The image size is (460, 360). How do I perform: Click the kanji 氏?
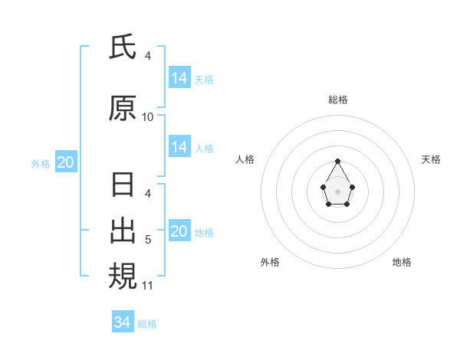click(123, 48)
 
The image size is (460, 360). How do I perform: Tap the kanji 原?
click(123, 110)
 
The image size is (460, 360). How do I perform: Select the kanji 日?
click(123, 186)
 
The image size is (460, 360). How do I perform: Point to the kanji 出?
click(123, 230)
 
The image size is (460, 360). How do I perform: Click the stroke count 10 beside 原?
click(148, 117)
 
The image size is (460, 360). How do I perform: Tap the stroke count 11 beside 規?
click(148, 286)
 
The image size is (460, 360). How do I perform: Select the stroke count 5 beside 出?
click(148, 240)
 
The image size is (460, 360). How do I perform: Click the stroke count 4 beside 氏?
click(148, 56)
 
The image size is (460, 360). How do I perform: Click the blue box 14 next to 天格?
click(179, 78)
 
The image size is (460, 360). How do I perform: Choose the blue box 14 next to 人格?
click(179, 148)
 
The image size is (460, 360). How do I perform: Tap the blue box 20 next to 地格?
click(179, 232)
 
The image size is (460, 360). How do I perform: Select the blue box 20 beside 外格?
click(66, 162)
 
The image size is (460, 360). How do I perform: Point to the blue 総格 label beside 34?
click(147, 324)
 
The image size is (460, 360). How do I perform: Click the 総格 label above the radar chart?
click(338, 100)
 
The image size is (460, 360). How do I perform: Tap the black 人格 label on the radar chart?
click(245, 159)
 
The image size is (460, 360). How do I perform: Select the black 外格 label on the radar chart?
click(270, 262)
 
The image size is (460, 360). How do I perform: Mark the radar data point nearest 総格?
click(338, 161)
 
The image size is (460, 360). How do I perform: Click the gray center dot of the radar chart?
click(338, 190)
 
